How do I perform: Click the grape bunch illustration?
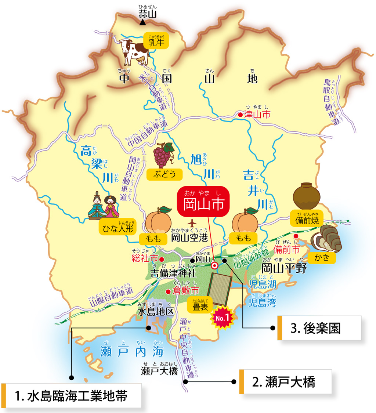(x=163, y=155)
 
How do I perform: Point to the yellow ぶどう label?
(x=164, y=174)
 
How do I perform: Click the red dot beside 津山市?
(x=240, y=115)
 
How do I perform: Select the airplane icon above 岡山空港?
(x=191, y=222)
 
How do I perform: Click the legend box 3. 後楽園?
(x=319, y=328)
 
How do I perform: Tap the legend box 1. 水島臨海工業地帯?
(x=72, y=396)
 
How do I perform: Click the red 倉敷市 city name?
(x=187, y=291)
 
